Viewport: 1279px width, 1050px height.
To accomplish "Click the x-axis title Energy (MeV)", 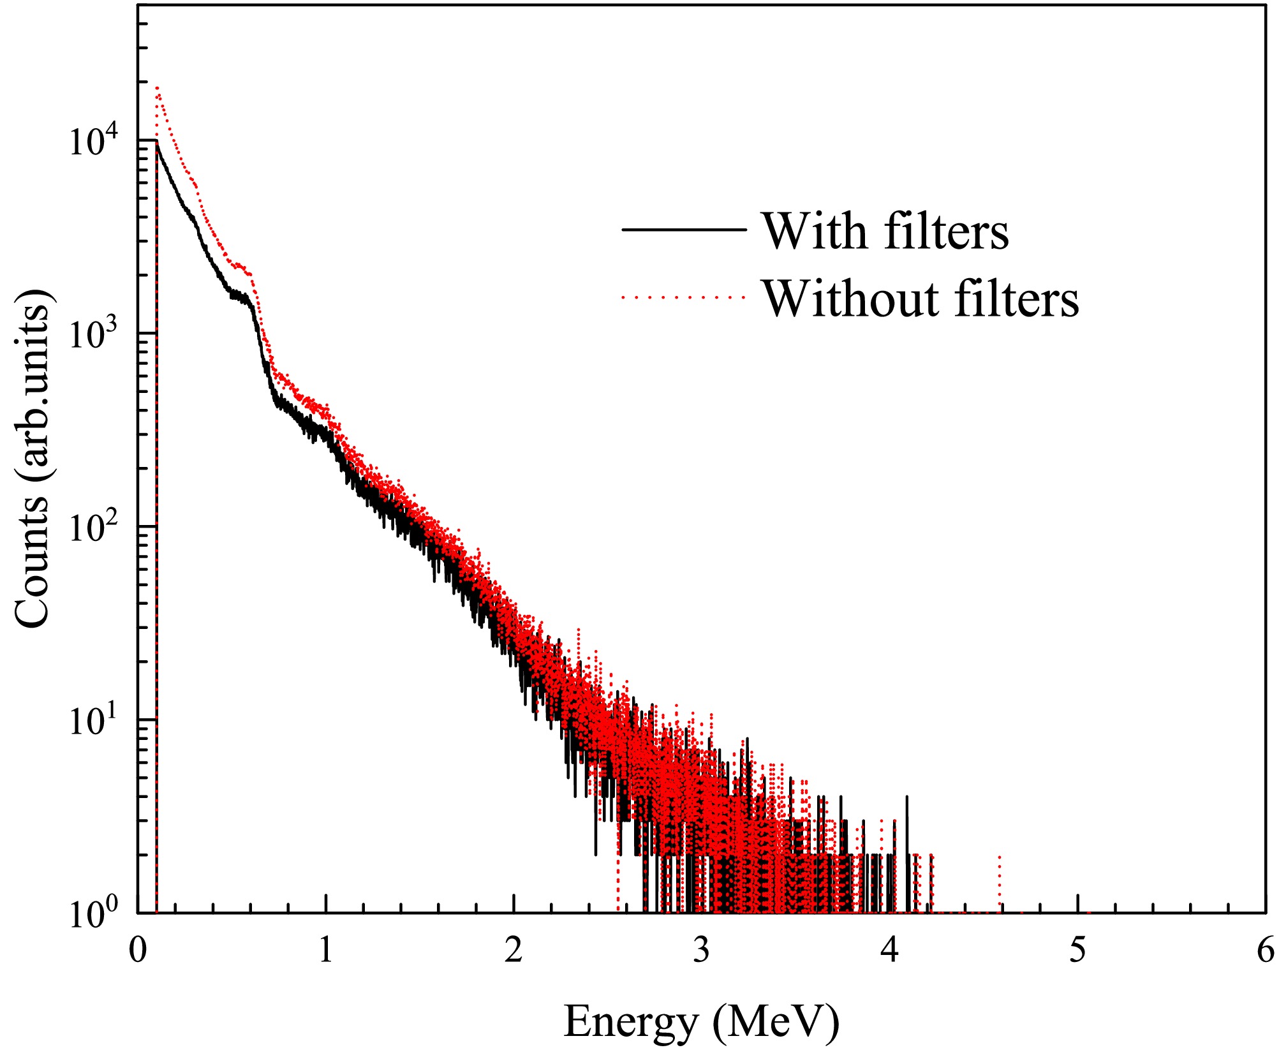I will tap(702, 1021).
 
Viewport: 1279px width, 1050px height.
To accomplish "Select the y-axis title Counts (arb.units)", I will tap(32, 458).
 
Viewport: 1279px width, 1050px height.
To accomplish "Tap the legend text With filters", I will tap(885, 231).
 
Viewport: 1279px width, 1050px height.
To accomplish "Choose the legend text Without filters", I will tap(920, 299).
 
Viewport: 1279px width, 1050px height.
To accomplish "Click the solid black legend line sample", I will tap(684, 230).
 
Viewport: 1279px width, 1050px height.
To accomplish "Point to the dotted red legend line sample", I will tap(684, 297).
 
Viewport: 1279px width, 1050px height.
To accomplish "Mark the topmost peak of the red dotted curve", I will tap(157, 88).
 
